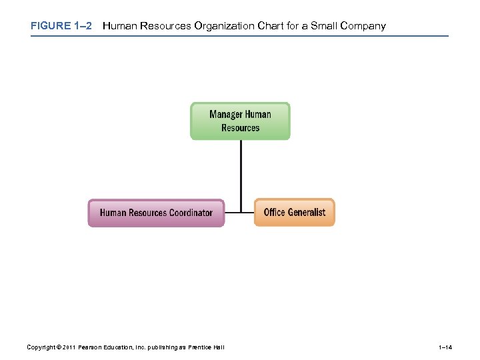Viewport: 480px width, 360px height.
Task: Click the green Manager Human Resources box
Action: pyautogui.click(x=240, y=121)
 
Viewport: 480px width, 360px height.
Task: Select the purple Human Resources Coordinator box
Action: pyautogui.click(x=156, y=213)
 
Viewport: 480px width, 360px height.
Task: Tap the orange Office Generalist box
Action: pyautogui.click(x=294, y=213)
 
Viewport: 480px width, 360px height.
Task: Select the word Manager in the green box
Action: pyautogui.click(x=226, y=114)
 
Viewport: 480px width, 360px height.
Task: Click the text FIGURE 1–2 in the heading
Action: pyautogui.click(x=60, y=26)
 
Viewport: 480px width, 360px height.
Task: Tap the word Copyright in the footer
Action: pyautogui.click(x=41, y=347)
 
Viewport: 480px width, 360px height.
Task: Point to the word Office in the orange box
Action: pyautogui.click(x=275, y=212)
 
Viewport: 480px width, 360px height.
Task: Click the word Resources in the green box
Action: pyautogui.click(x=240, y=127)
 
